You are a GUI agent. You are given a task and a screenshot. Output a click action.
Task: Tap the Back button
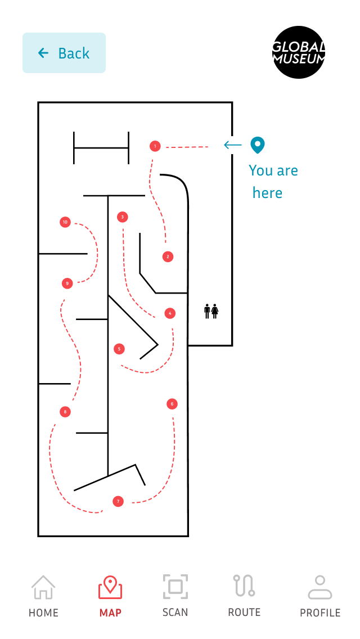(x=64, y=53)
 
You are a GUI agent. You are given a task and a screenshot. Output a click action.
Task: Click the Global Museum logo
(x=299, y=52)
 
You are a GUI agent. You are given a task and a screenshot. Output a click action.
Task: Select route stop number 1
(x=155, y=146)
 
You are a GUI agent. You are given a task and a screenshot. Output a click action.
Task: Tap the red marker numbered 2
(x=168, y=256)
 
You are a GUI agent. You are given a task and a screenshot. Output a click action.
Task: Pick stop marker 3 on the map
(x=123, y=217)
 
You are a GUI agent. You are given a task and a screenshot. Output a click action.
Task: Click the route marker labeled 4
(x=170, y=313)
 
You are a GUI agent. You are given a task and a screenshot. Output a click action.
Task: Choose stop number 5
(x=119, y=349)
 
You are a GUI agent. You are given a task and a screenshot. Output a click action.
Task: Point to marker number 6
(x=172, y=403)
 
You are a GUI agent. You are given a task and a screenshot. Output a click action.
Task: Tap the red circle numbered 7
(x=118, y=501)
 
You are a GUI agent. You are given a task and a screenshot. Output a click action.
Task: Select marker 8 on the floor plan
(x=65, y=412)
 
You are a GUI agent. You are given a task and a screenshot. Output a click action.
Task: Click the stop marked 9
(x=67, y=283)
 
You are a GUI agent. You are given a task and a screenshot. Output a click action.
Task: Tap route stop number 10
(x=65, y=222)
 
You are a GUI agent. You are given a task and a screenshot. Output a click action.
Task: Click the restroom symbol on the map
(x=211, y=311)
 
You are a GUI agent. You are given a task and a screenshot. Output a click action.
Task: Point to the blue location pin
(x=258, y=145)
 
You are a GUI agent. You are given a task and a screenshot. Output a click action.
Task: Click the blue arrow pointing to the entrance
(x=232, y=145)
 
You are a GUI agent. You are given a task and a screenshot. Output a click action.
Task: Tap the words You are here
(x=273, y=181)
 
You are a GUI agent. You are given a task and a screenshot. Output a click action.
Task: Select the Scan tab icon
(x=175, y=587)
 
